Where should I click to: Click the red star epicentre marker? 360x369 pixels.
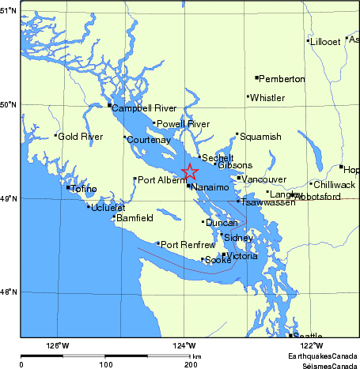pyautogui.click(x=190, y=172)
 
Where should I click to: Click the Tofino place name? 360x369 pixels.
pyautogui.click(x=84, y=189)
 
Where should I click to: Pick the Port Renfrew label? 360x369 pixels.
pyautogui.click(x=188, y=245)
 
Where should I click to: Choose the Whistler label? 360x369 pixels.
pyautogui.click(x=267, y=98)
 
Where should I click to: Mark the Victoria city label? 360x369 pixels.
pyautogui.click(x=242, y=256)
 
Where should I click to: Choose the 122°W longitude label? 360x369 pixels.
pyautogui.click(x=311, y=345)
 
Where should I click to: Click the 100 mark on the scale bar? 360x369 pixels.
pyautogui.click(x=105, y=364)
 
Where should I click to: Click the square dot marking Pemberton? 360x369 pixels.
pyautogui.click(x=257, y=77)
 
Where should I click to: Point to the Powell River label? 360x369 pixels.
pyautogui.click(x=183, y=124)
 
